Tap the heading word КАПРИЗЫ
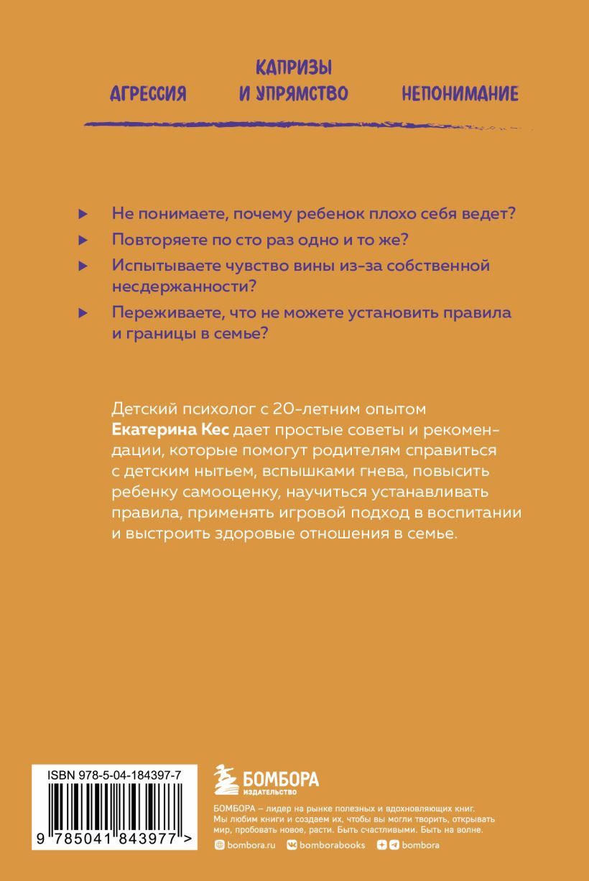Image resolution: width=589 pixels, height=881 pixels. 294,69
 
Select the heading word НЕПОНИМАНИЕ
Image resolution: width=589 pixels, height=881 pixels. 460,94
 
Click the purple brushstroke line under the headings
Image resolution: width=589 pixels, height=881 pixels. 309,125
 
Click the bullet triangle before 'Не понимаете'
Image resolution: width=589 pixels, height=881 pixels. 83,214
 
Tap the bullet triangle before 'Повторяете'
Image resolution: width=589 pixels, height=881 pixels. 83,239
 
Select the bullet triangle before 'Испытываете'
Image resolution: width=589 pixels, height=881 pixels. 83,265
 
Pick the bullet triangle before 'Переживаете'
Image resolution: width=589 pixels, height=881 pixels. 83,313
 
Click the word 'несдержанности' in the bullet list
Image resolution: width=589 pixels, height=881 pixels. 185,286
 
